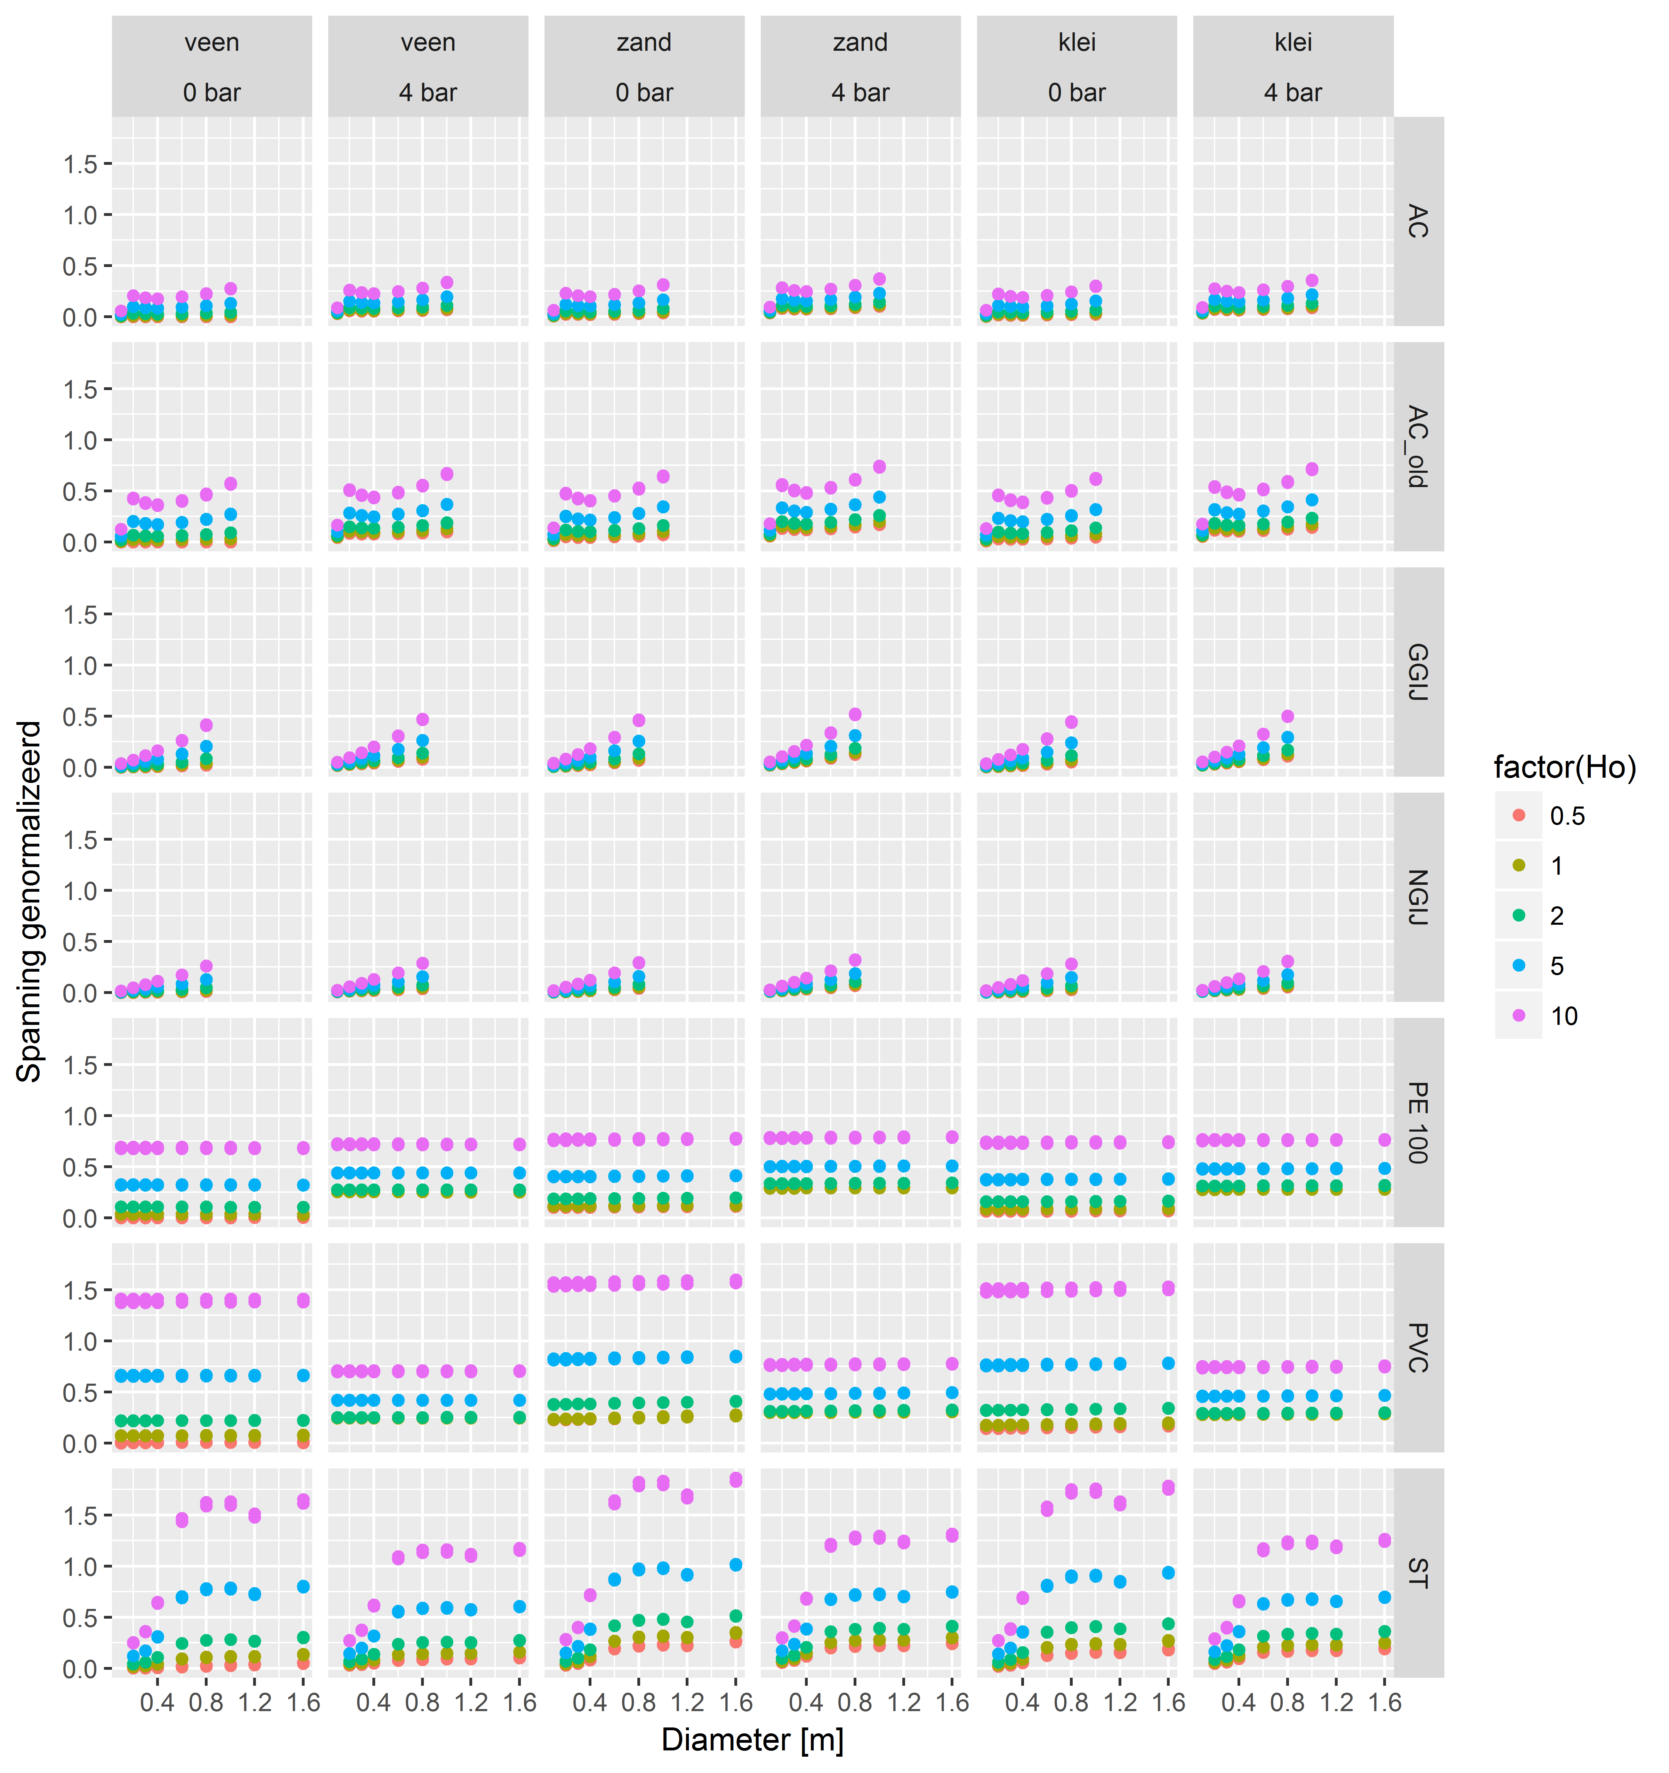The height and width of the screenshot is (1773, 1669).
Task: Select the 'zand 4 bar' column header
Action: pos(860,67)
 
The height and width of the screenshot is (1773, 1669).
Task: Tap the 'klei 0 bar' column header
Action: pos(1077,67)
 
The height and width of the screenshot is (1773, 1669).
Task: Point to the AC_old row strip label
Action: pos(1418,446)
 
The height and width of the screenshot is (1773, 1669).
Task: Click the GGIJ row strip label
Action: pos(1418,672)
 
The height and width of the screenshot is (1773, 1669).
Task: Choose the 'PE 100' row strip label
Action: pos(1418,1122)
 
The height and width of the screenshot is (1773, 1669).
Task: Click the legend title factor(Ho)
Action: pos(1565,767)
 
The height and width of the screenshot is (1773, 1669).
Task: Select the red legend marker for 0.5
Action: pos(1519,815)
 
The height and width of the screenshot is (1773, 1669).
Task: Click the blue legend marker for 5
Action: pos(1519,965)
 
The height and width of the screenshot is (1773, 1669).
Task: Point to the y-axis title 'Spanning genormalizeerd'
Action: pos(30,901)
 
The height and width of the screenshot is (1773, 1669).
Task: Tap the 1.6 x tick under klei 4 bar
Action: pos(1385,1702)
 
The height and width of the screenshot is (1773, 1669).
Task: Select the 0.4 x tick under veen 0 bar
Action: pos(157,1702)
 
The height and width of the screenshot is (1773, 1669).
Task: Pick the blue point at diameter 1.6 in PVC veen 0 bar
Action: pos(303,1375)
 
